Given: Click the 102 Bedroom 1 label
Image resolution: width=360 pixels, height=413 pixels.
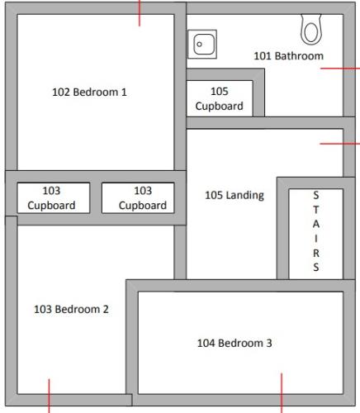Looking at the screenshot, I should (x=89, y=93).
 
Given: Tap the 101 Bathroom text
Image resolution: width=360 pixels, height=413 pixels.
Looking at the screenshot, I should (x=288, y=56).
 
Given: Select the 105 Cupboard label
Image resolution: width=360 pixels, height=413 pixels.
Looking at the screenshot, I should (x=219, y=99).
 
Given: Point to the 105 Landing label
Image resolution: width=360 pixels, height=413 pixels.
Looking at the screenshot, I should (x=234, y=196).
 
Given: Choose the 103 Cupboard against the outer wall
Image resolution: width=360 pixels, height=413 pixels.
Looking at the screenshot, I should (x=52, y=198).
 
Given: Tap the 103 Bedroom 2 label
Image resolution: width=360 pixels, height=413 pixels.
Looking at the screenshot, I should (x=71, y=310).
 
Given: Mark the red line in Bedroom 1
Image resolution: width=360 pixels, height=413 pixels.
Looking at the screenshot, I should (x=140, y=12).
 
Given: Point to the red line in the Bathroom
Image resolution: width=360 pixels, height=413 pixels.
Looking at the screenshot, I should (x=339, y=69).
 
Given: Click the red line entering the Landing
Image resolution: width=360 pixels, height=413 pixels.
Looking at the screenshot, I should (x=339, y=143).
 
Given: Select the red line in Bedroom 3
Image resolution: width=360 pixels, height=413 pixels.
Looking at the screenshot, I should (x=282, y=392).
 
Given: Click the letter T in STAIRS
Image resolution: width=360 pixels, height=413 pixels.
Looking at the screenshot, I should (x=315, y=210).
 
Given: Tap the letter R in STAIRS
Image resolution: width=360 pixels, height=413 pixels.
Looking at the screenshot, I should (x=315, y=254).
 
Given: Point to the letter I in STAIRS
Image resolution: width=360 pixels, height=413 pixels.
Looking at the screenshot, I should (x=315, y=240).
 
